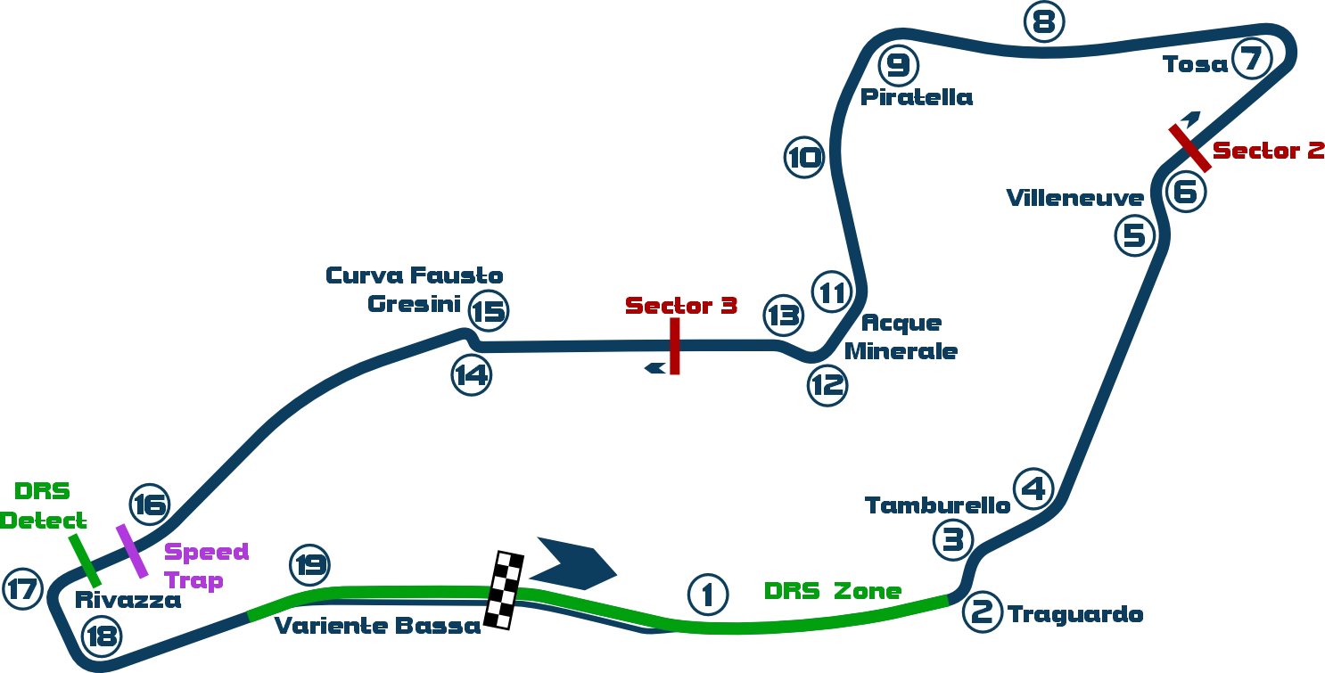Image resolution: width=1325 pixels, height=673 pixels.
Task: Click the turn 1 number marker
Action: pos(708,595)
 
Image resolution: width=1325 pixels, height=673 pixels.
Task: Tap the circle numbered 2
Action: pos(982,611)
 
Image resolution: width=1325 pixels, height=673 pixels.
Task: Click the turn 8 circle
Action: pos(1043,21)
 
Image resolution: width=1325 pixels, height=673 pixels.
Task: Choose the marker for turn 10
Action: pos(804,160)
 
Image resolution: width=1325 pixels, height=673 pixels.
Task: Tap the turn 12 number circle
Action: pos(827,385)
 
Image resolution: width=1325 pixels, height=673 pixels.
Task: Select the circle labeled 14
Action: pos(470,374)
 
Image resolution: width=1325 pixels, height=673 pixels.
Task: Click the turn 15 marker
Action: pos(488,312)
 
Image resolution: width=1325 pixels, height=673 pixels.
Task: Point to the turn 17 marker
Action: pos(22,590)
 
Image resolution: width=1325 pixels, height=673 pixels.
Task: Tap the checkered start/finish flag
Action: pos(505,591)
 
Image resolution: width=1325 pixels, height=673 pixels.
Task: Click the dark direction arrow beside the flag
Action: pos(577,559)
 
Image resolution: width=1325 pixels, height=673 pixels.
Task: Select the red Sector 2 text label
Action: pos(1268,151)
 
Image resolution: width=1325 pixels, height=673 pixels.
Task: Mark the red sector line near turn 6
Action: pos(1189,148)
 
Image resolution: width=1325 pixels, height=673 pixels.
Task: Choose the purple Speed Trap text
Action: pos(205,566)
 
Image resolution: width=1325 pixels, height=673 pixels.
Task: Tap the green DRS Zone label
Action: pos(834,590)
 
